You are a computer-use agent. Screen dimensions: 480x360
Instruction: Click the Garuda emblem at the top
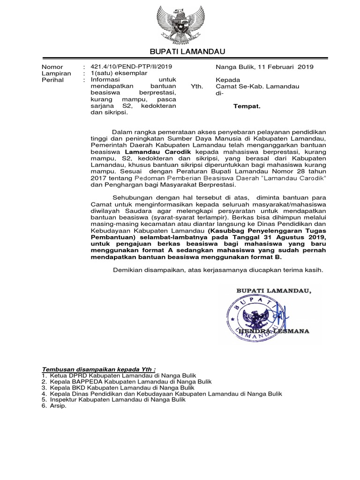180,22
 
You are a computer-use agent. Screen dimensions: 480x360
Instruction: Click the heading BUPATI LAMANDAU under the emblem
180,51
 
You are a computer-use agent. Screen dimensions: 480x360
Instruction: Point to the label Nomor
52,67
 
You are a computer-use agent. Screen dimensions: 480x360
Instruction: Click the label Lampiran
56,74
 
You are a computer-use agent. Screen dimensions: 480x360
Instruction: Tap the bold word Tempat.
247,106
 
